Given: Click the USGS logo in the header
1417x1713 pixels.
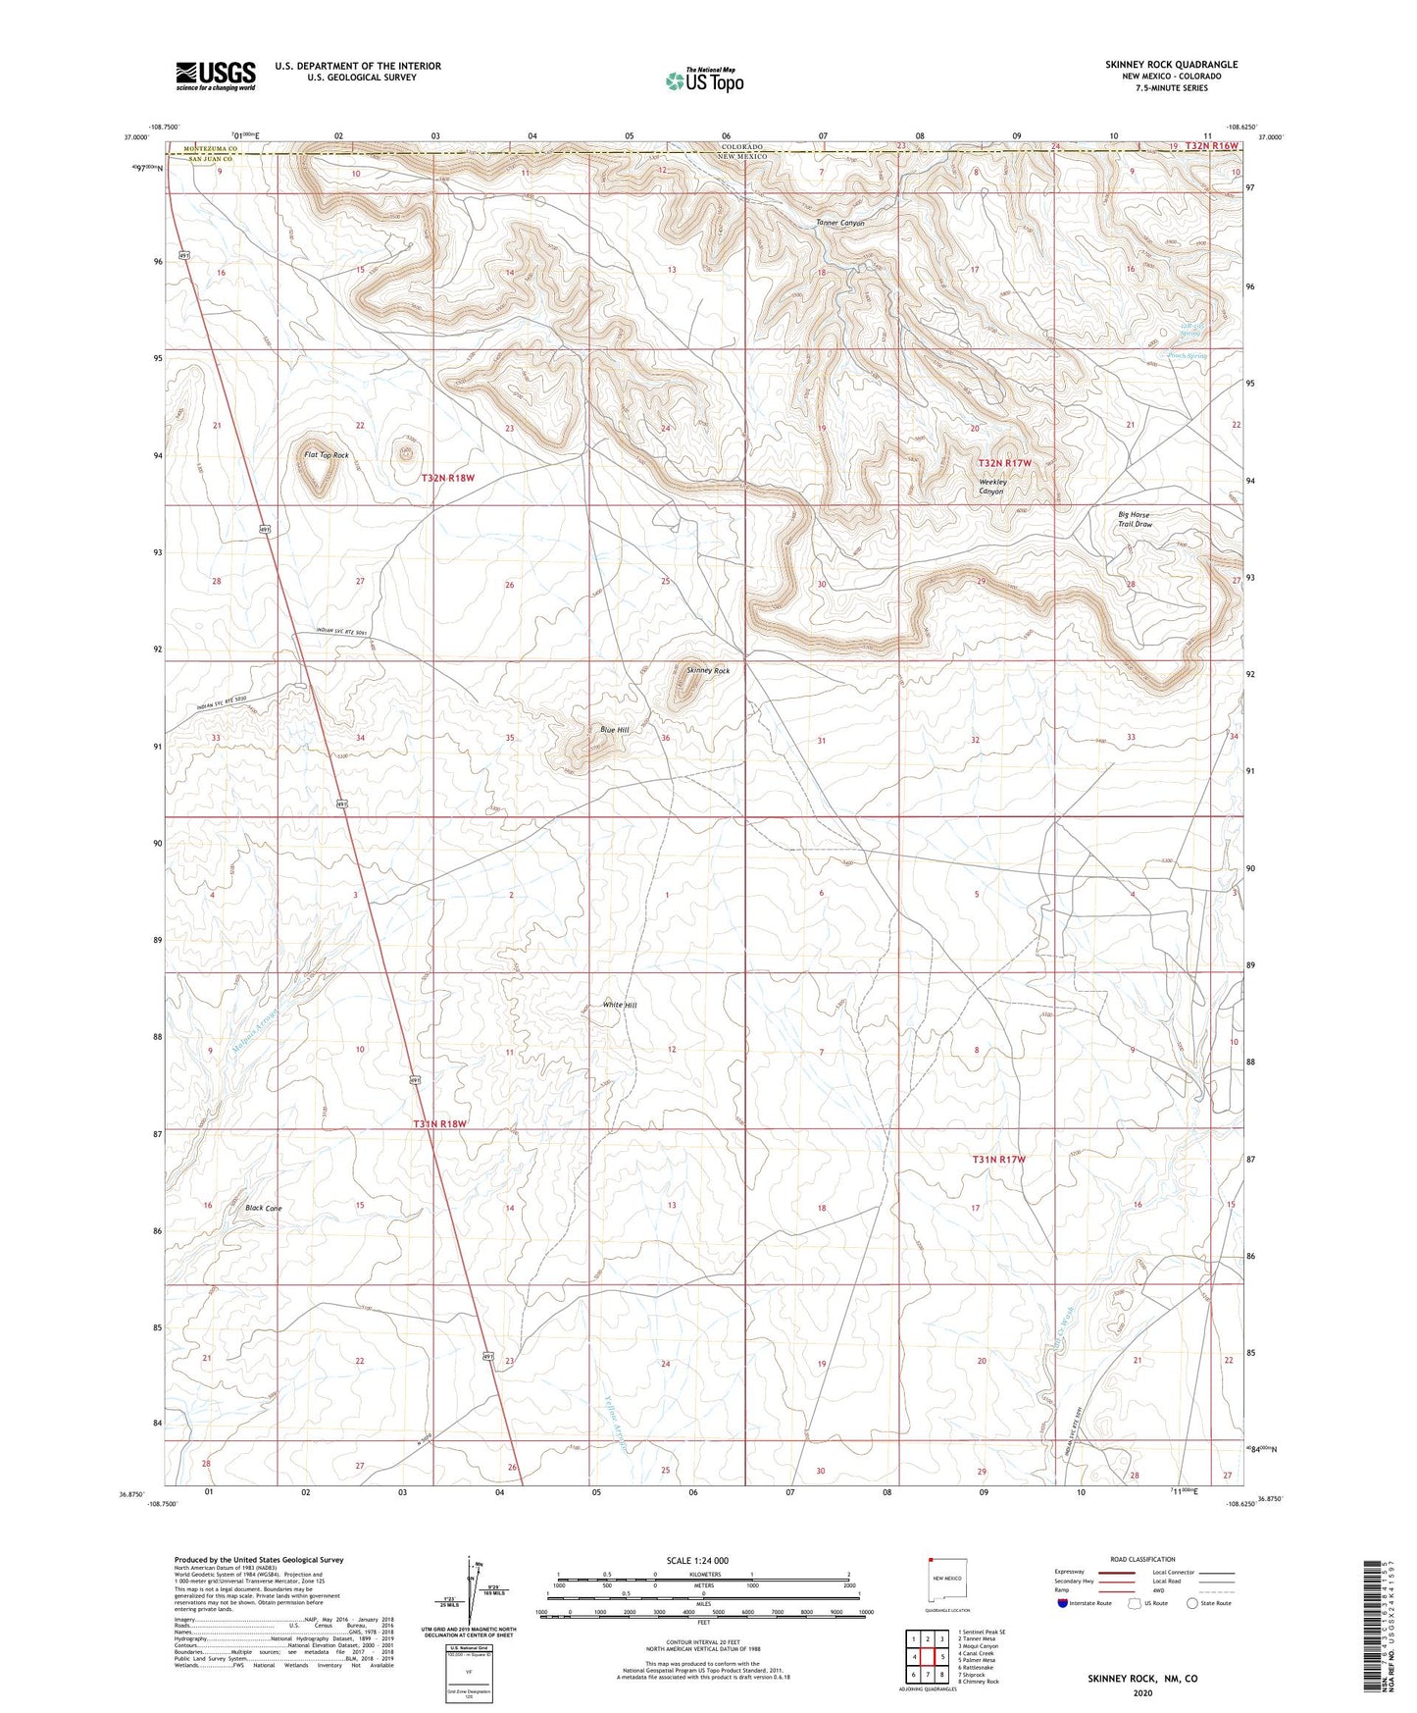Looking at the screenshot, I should (215, 75).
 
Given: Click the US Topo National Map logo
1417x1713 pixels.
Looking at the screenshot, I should (703, 80).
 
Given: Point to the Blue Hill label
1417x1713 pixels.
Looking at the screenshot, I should (615, 730).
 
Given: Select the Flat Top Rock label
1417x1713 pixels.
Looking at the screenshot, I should (327, 455).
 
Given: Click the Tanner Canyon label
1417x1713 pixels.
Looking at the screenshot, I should (840, 224).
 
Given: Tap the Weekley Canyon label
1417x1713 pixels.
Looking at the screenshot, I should (992, 487).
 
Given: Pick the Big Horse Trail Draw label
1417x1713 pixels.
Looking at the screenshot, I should (1135, 519).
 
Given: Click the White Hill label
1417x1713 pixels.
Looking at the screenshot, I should (620, 1005).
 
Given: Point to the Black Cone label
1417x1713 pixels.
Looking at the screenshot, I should (264, 1208).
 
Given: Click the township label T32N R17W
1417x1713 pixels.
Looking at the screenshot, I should (1004, 462).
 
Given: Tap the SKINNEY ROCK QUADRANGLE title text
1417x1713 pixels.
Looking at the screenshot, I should (1171, 65).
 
